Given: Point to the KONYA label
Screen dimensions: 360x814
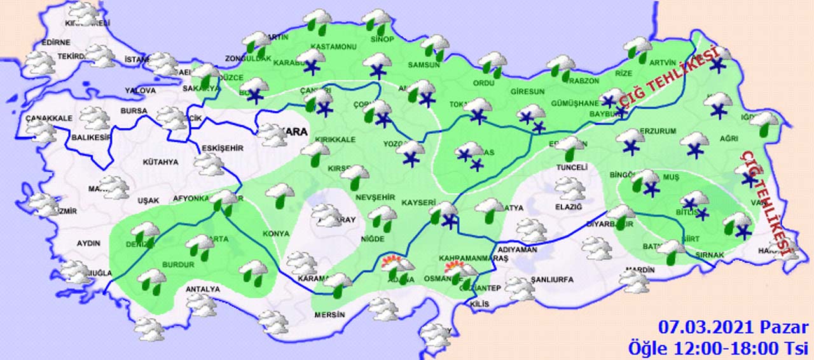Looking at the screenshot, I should pos(276,234).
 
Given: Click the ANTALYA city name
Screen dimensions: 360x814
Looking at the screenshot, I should pos(202,289).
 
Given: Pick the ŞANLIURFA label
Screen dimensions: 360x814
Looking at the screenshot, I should pos(552,280).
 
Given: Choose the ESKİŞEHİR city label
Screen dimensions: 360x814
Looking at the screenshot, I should pos(222,148).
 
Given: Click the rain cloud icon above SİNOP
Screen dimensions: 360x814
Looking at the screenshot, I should pos(378,21).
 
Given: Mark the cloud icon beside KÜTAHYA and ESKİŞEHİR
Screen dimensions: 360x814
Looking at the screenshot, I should pos(209,165).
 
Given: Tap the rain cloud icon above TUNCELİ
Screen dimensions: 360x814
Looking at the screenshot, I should pos(569,148).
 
